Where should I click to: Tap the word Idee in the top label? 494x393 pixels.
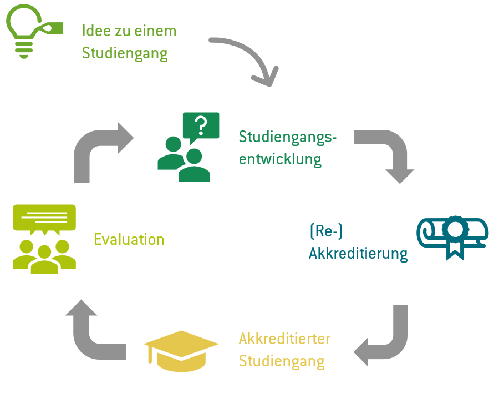96,31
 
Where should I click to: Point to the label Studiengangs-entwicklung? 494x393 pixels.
287,148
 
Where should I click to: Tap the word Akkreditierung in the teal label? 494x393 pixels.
358,254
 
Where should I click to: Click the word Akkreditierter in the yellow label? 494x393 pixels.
284,338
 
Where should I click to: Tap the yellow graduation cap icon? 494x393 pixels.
181,350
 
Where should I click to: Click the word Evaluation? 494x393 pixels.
129,240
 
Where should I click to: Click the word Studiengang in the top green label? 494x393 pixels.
124,53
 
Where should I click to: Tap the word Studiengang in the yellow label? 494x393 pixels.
282,361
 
